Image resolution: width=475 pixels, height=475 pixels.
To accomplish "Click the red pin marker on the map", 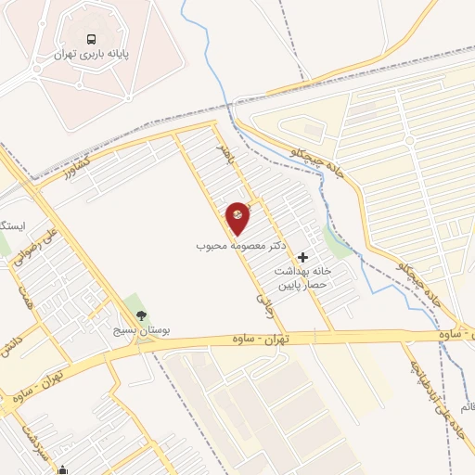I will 238,218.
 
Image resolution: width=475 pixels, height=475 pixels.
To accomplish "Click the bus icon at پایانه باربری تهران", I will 91,39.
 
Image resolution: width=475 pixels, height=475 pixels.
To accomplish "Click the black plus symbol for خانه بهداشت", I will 303,256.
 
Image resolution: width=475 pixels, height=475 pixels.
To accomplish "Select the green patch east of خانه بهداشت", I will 340,246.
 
